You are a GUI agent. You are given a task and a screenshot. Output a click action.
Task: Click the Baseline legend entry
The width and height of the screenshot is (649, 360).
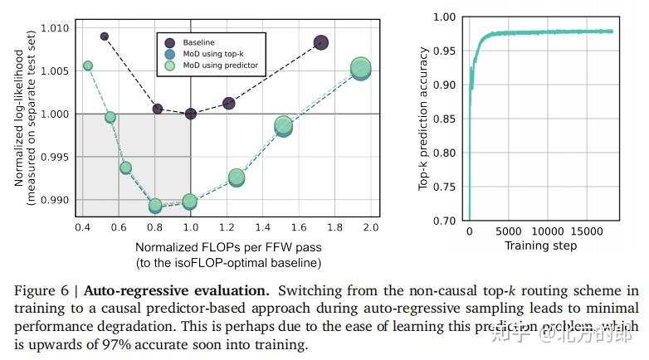(x=198, y=41)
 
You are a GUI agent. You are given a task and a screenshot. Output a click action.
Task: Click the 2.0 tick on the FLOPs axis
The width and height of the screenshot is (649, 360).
(x=370, y=226)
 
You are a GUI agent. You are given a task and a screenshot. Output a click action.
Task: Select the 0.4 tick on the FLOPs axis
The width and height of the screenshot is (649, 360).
(x=82, y=226)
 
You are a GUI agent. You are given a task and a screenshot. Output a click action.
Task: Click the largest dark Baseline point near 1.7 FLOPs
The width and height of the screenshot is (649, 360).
(x=321, y=42)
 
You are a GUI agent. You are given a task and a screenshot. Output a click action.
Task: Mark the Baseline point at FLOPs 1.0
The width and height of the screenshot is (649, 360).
(x=190, y=114)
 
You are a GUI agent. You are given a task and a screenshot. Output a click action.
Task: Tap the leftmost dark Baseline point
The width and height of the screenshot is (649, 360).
(x=105, y=36)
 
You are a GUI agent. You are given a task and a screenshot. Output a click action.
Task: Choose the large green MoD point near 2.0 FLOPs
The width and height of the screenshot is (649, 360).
(x=360, y=68)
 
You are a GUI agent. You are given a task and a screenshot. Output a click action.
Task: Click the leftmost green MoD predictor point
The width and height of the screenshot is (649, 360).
(x=87, y=66)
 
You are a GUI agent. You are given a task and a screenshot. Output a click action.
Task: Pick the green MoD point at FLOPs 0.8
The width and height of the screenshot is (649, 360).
(x=154, y=205)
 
